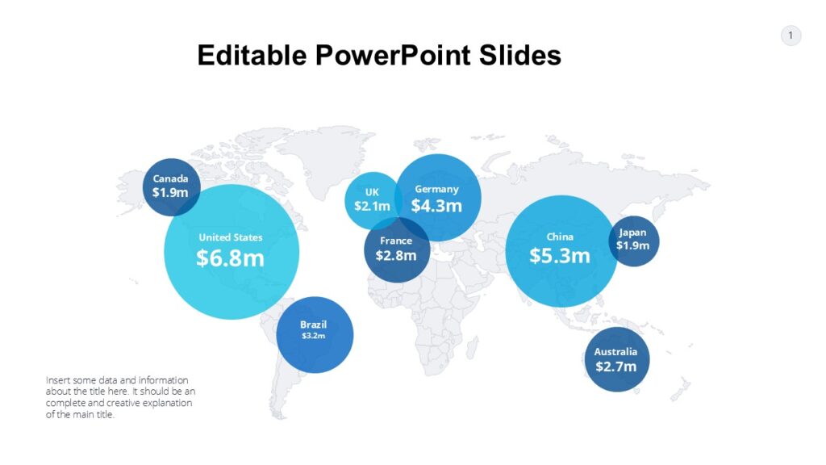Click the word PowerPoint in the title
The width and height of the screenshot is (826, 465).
click(382, 56)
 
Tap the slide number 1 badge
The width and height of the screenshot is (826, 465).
click(791, 36)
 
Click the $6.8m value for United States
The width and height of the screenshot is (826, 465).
click(231, 258)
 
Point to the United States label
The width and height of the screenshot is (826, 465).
click(231, 237)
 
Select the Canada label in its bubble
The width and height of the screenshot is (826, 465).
click(170, 178)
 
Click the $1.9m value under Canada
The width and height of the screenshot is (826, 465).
click(170, 193)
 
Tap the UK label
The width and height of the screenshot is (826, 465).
click(371, 192)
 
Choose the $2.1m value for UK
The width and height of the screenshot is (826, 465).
click(372, 206)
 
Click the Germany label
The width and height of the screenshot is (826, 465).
click(436, 189)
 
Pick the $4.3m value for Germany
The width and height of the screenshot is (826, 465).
click(436, 206)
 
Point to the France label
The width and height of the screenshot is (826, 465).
click(396, 241)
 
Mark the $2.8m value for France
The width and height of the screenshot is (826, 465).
click(396, 256)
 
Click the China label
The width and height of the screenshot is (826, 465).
click(560, 237)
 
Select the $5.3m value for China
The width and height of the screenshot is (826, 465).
click(560, 256)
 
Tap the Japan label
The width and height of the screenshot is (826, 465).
click(632, 232)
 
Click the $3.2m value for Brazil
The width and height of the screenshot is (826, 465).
click(313, 336)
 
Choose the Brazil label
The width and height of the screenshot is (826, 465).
click(314, 325)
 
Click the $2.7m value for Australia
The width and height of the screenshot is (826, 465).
click(616, 367)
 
